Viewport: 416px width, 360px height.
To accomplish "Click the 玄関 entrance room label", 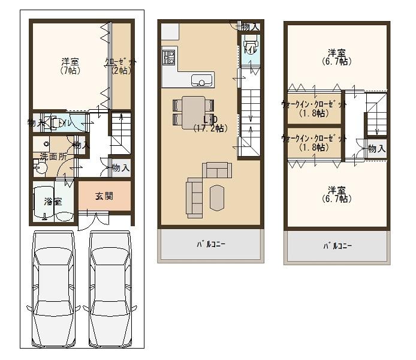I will click(x=104, y=196).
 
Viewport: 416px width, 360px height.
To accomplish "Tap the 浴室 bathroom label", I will click(x=53, y=202).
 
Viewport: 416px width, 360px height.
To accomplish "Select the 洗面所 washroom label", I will click(x=53, y=157).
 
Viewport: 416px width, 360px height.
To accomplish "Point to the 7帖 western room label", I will click(x=70, y=65).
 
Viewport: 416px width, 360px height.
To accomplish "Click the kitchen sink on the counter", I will click(x=202, y=80).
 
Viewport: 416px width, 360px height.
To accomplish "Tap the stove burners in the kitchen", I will click(x=168, y=57).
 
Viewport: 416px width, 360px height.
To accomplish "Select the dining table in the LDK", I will click(x=193, y=112).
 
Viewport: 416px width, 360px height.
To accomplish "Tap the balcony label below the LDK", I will click(x=210, y=244).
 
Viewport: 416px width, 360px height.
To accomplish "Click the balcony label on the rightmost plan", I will click(x=337, y=246).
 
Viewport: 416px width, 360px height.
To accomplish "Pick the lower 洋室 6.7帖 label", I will click(x=336, y=194).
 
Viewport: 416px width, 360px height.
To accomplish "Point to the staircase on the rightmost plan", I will click(x=376, y=117).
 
